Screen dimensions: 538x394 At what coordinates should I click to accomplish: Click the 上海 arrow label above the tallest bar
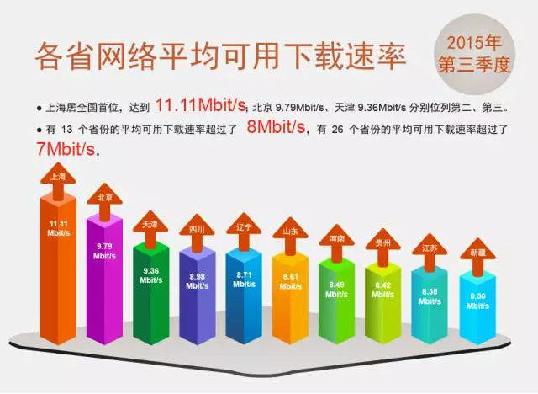[x=58, y=177]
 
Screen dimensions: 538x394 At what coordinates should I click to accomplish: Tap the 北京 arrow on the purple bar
[x=104, y=197]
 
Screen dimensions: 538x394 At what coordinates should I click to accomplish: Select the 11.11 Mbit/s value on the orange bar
[x=58, y=228]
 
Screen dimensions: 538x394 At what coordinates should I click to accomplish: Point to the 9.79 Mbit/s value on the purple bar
[x=104, y=251]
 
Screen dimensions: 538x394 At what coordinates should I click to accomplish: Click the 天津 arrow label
[x=150, y=225]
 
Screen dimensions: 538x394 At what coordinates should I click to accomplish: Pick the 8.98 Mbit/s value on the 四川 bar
[x=197, y=281]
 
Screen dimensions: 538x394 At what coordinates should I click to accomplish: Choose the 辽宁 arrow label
[x=244, y=227]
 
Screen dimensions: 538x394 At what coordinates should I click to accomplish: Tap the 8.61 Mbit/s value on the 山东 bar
[x=290, y=281]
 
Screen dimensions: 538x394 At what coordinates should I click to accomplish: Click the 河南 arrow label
[x=337, y=239]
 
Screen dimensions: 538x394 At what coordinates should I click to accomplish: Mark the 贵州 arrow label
[x=383, y=243]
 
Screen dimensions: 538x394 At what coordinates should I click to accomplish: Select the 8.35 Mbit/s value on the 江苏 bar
[x=430, y=296]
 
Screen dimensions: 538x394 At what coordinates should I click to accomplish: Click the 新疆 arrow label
[x=477, y=253]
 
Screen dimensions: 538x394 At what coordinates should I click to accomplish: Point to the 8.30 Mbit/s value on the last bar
[x=477, y=301]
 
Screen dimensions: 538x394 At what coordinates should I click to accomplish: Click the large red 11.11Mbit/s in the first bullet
[x=201, y=104]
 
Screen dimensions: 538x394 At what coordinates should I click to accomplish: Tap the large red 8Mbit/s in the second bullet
[x=276, y=127]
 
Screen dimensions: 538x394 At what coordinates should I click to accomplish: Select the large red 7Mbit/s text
[x=66, y=149]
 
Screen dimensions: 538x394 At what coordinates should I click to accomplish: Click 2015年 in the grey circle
[x=475, y=43]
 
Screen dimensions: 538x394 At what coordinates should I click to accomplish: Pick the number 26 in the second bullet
[x=338, y=130]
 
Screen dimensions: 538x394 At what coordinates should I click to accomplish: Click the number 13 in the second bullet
[x=67, y=130]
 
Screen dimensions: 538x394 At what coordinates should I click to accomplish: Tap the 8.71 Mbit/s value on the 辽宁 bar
[x=244, y=280]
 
